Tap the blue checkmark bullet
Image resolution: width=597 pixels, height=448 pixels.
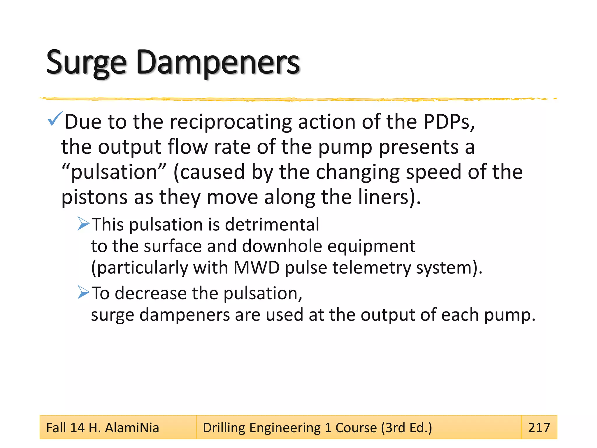[x=55, y=119]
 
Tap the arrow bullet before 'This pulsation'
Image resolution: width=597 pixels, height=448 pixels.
[x=83, y=224]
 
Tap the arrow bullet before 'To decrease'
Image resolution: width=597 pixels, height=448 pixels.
[x=83, y=292]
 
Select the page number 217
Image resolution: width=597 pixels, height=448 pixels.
[x=539, y=428]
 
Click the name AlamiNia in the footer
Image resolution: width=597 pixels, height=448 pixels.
[x=132, y=428]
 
